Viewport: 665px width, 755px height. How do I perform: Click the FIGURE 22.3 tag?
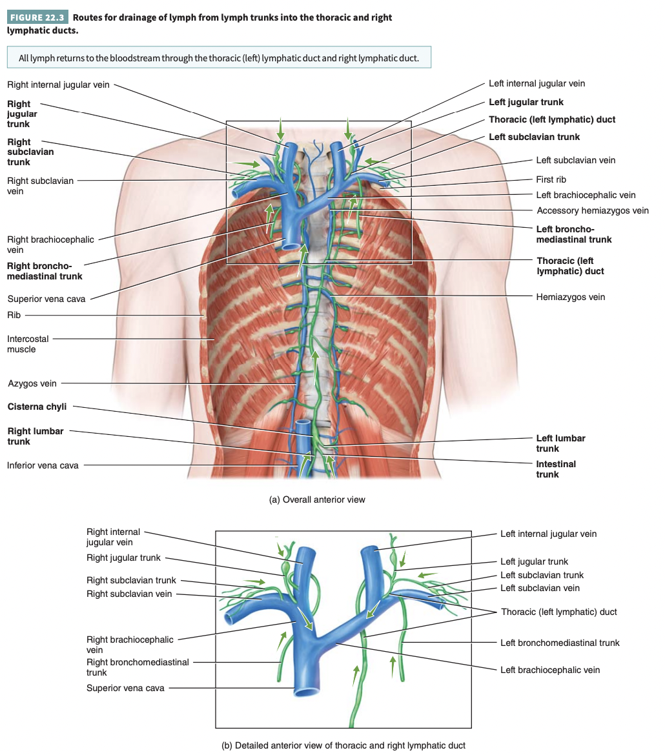pyautogui.click(x=37, y=17)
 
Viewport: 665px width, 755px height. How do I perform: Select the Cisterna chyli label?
pyautogui.click(x=37, y=407)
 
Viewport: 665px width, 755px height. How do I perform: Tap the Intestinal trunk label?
pyautogui.click(x=555, y=469)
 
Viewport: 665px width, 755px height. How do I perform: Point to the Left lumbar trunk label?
pyautogui.click(x=560, y=443)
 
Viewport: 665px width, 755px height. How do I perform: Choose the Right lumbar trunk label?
pyautogui.click(x=36, y=436)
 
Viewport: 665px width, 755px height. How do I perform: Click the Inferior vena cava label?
pyautogui.click(x=43, y=465)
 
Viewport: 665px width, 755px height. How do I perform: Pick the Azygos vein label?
pyautogui.click(x=32, y=383)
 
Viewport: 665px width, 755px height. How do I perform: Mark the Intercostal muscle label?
pyautogui.click(x=28, y=344)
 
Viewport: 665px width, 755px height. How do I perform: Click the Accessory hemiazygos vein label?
pyautogui.click(x=593, y=210)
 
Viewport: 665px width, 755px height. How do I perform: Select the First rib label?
pyautogui.click(x=551, y=179)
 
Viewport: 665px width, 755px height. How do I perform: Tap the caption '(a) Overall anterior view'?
pyautogui.click(x=316, y=499)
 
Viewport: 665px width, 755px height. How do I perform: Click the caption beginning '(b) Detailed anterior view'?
pyautogui.click(x=343, y=745)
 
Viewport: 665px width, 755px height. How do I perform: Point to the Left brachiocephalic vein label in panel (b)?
pyautogui.click(x=550, y=670)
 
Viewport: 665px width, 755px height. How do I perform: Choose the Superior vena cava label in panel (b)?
pyautogui.click(x=125, y=688)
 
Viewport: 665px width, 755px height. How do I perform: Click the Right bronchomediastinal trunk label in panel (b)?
pyautogui.click(x=138, y=667)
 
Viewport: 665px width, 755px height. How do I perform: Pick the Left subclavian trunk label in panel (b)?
pyautogui.click(x=542, y=575)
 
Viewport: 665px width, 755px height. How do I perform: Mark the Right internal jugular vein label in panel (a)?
pyautogui.click(x=58, y=84)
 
